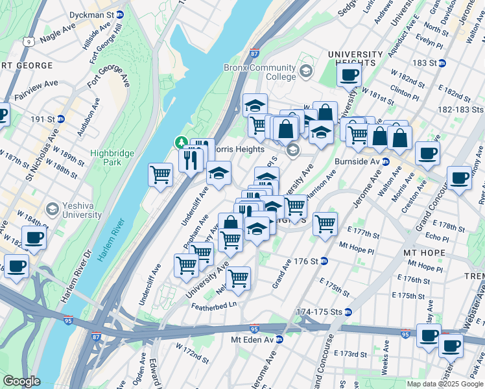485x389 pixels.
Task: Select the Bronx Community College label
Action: click(x=259, y=71)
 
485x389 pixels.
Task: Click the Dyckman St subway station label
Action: click(x=101, y=14)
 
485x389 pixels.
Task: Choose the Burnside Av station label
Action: click(x=357, y=161)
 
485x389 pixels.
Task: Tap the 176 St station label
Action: click(x=305, y=261)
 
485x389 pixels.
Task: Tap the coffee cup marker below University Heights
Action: click(x=349, y=75)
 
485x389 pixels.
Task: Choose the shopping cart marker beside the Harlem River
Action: click(x=160, y=174)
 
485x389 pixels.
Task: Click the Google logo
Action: click(x=22, y=381)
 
